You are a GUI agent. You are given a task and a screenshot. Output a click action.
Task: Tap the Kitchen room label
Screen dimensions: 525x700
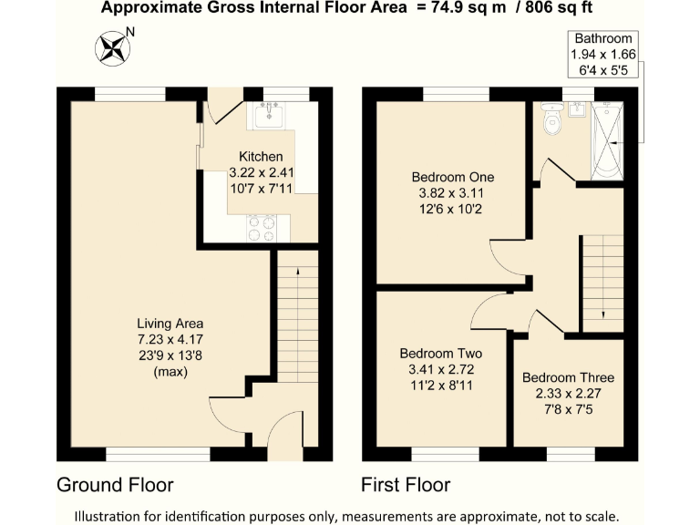coord(261,157)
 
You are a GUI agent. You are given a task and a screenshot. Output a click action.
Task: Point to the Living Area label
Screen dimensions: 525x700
coord(170,324)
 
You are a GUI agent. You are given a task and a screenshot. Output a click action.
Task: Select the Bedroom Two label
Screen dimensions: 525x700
coord(441,354)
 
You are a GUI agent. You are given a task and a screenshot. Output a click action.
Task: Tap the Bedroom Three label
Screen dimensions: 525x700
coord(568,377)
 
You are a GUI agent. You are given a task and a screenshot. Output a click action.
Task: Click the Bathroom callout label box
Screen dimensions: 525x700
coord(601,54)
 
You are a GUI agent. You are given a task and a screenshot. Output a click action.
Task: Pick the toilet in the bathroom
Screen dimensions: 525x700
coord(551,120)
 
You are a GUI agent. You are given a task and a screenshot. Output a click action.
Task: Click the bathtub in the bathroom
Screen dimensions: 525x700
coord(606,141)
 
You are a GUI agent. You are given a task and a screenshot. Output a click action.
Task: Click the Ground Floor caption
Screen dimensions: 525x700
coord(115,484)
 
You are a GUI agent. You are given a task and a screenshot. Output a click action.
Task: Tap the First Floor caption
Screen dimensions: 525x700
coord(405,484)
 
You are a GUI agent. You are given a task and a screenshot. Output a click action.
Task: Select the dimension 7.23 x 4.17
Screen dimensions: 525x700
coord(170,340)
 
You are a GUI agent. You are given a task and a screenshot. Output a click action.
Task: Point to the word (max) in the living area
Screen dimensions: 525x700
coord(170,372)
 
